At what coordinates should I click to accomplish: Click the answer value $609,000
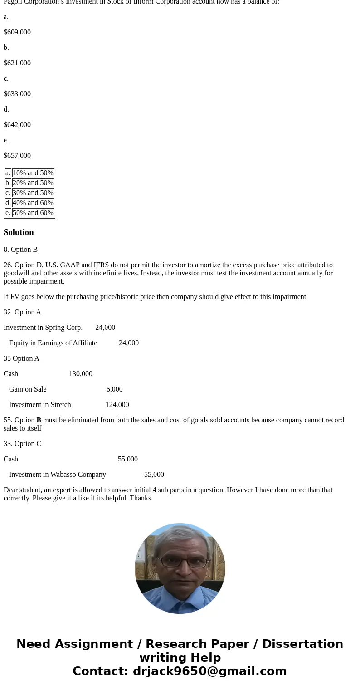[x=17, y=32]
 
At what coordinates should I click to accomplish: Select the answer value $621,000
[x=17, y=63]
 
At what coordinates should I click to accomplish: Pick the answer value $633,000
[x=17, y=94]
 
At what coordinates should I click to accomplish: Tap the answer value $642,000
[x=17, y=125]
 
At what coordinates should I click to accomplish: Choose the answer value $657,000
[x=17, y=156]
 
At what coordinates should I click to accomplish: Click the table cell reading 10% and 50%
[x=33, y=173]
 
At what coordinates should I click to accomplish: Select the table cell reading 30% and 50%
[x=33, y=193]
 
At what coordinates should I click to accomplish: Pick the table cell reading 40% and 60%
[x=33, y=203]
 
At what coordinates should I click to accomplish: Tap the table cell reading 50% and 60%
[x=33, y=213]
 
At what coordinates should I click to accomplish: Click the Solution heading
[x=19, y=232]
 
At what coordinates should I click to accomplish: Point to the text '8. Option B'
[x=20, y=250]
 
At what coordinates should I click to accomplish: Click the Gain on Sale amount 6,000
[x=114, y=389]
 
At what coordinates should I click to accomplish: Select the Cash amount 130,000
[x=81, y=374]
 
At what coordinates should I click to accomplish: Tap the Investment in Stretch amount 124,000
[x=117, y=405]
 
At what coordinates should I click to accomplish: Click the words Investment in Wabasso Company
[x=58, y=475]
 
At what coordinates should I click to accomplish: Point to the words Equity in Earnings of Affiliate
[x=53, y=343]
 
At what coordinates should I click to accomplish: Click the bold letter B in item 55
[x=39, y=420]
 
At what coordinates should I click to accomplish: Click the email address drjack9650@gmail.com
[x=209, y=671]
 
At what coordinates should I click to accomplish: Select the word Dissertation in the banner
[x=302, y=644]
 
